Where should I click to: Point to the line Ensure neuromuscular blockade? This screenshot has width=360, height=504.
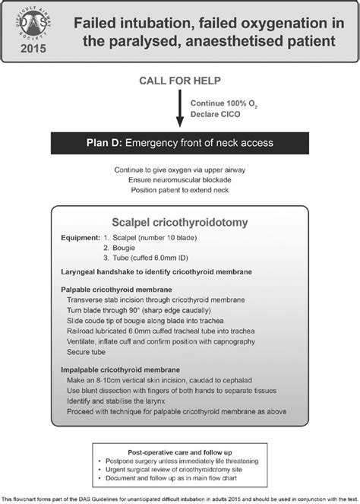(x=180, y=180)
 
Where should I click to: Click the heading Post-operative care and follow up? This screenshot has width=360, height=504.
(x=179, y=449)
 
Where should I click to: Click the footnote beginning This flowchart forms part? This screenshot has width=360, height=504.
(x=180, y=497)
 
